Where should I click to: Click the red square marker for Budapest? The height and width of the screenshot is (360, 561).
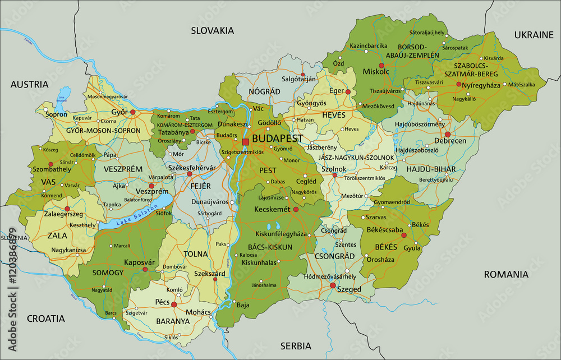pyautogui.click(x=245, y=142)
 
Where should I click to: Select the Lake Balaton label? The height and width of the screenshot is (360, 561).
pyautogui.click(x=133, y=215)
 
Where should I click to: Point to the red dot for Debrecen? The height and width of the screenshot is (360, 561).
pyautogui.click(x=448, y=135)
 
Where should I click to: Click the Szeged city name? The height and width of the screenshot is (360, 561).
pyautogui.click(x=348, y=289)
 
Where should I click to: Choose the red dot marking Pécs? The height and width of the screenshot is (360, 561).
pyautogui.click(x=174, y=305)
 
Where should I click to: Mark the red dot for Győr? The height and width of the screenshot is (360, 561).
pyautogui.click(x=133, y=112)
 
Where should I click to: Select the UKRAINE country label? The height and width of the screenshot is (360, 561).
pyautogui.click(x=534, y=35)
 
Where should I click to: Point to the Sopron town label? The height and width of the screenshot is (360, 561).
pyautogui.click(x=56, y=114)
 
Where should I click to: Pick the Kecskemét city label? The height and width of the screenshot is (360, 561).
pyautogui.click(x=272, y=209)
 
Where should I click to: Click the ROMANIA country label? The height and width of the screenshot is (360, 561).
pyautogui.click(x=507, y=274)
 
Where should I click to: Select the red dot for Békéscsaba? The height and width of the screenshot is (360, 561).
pyautogui.click(x=404, y=236)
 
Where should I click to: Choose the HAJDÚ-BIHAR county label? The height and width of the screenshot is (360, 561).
pyautogui.click(x=431, y=169)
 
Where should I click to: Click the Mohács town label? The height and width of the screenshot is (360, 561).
pyautogui.click(x=199, y=312)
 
